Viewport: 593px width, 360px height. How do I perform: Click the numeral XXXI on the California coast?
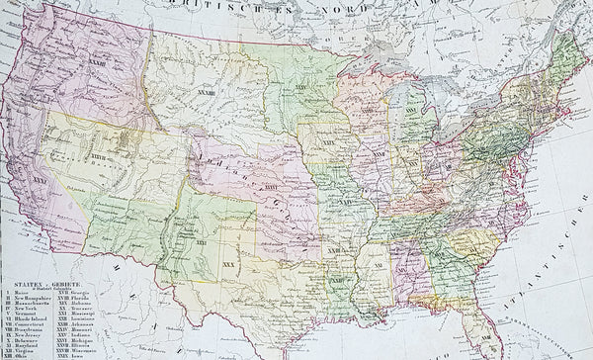click(41, 181)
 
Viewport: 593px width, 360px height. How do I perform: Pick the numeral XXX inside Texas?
click(230, 266)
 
